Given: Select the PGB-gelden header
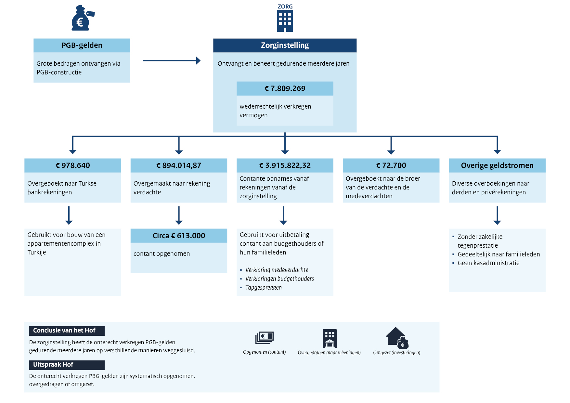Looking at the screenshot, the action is point(82,45).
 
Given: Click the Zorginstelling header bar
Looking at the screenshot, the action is point(285,45).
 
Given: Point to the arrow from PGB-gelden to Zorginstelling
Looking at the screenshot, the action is point(172,60).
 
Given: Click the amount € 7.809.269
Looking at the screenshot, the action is point(285,88).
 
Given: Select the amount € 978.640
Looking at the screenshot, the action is point(73,165).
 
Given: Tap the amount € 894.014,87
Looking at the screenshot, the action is point(179,165).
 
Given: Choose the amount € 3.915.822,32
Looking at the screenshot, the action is point(285,165).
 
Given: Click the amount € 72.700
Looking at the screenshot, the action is point(391,165).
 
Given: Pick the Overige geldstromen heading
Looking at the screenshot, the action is point(497,165).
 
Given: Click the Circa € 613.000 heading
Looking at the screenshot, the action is point(179,236).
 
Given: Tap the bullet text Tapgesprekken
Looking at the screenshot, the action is point(264,288).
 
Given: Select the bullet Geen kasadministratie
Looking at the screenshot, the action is point(488,263).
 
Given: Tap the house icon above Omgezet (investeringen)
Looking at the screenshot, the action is point(397,338).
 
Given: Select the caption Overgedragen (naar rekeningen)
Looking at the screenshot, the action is point(329,353).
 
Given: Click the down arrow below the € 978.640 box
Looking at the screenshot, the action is point(69,215).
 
